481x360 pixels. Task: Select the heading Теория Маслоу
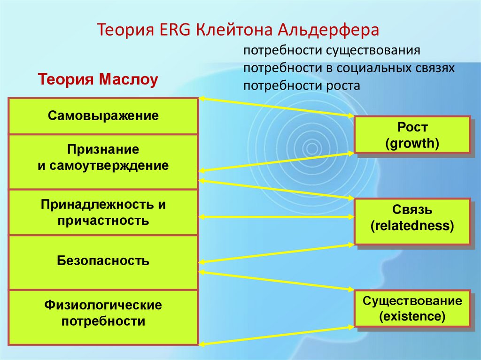[x=97, y=79]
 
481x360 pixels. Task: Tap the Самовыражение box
[x=103, y=115]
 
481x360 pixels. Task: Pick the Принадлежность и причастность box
[x=103, y=212]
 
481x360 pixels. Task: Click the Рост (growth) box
[x=412, y=135]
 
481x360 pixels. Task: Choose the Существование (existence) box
[x=412, y=308]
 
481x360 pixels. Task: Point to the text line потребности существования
[x=331, y=50]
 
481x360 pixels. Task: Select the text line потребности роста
[x=302, y=86]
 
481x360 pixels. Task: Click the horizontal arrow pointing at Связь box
[x=277, y=217]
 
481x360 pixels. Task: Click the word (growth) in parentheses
[x=412, y=143]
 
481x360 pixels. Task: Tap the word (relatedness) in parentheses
[x=412, y=227]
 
